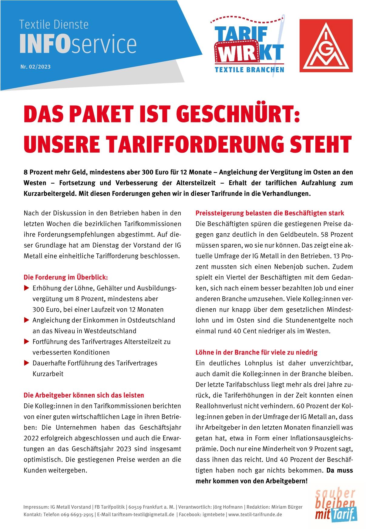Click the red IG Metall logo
coord(326,46)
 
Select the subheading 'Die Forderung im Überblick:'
coord(66,277)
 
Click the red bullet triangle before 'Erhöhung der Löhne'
coord(26,288)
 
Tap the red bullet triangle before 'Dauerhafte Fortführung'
coord(26,363)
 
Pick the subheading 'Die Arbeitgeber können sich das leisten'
coord(84,395)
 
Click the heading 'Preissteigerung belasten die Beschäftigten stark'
coord(270,213)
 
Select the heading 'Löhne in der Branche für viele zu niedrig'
coord(257,352)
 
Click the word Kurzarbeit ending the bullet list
coord(48,374)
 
